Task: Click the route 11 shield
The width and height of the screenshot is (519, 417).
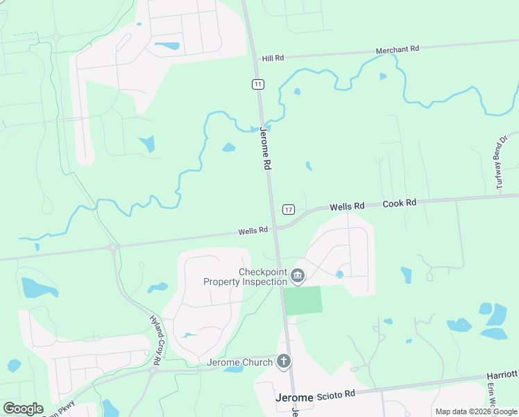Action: [x=258, y=84]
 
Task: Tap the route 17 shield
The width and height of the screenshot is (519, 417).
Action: [x=289, y=209]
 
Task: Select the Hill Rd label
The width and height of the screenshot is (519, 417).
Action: [x=273, y=58]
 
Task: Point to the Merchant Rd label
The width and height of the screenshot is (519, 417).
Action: [x=398, y=50]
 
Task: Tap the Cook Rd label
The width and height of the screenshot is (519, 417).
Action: [x=400, y=203]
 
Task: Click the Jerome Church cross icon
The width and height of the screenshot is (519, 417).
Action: [x=284, y=361]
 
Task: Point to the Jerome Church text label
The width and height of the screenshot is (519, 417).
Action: [x=240, y=362]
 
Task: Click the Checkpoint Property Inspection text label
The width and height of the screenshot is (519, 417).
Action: [x=245, y=277]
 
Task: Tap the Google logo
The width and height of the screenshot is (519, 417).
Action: [x=22, y=409]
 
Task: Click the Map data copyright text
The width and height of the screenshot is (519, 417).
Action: [x=476, y=411]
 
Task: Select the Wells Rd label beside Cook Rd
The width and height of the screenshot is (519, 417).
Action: [x=347, y=206]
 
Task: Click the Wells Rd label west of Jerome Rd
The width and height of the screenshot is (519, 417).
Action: [x=253, y=231]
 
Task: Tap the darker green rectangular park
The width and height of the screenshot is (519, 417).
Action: [x=303, y=300]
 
